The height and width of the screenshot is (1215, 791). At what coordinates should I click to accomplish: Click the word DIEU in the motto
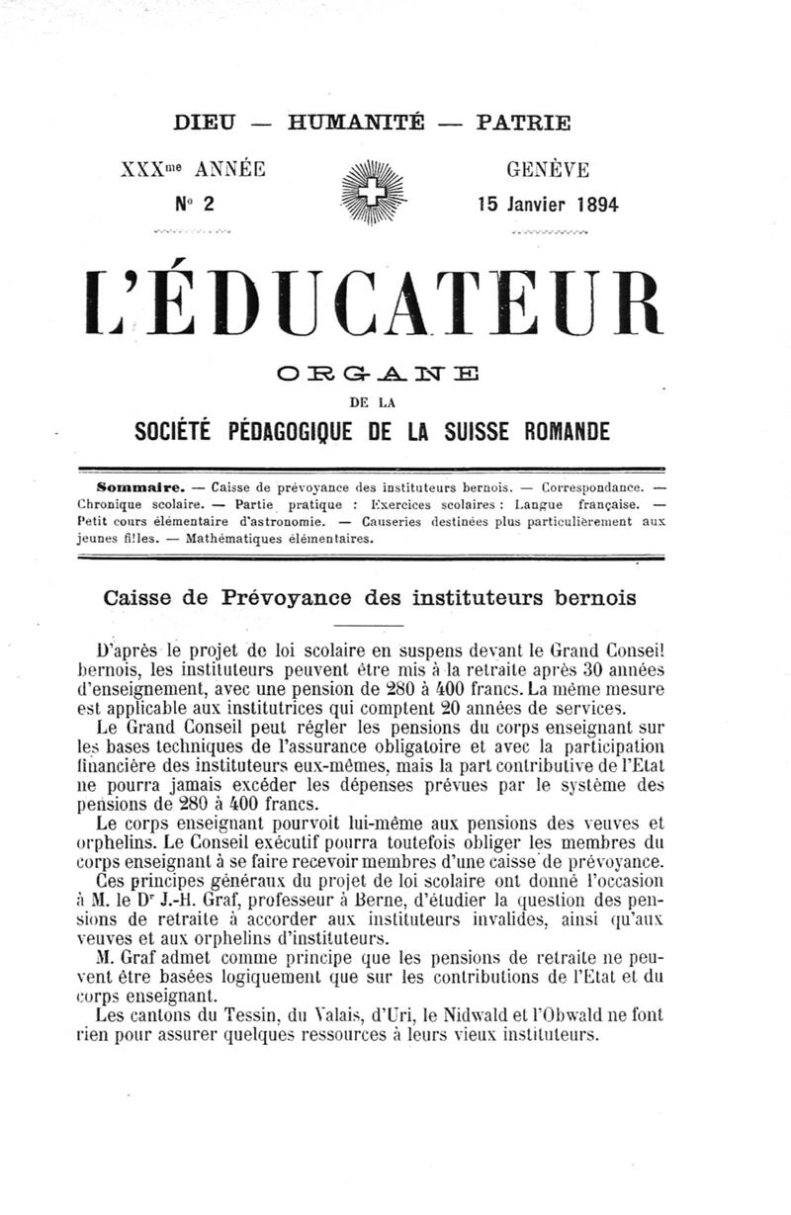coord(205,125)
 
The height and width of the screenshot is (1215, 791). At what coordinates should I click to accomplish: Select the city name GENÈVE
coord(548,169)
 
